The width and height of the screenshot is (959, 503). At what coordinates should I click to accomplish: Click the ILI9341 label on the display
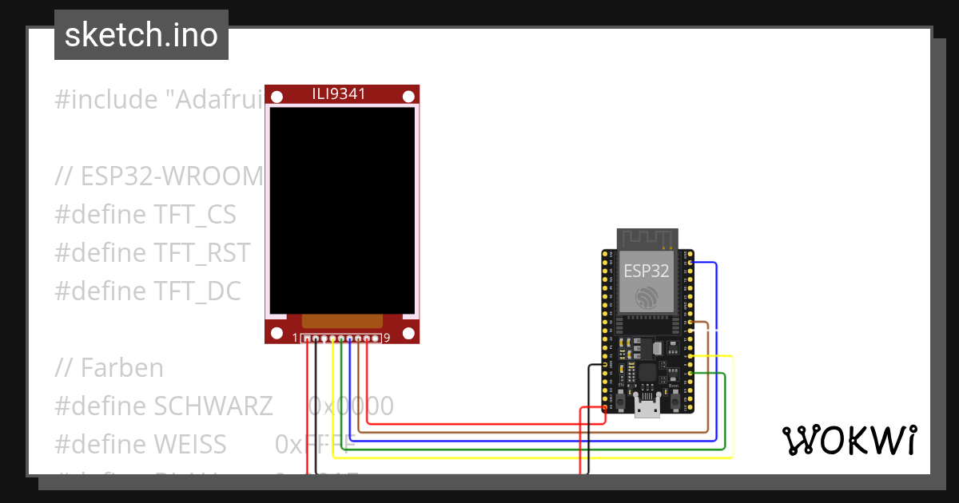click(339, 94)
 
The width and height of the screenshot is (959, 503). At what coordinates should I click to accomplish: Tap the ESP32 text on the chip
click(647, 271)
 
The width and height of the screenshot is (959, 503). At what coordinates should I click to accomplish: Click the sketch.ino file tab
click(141, 35)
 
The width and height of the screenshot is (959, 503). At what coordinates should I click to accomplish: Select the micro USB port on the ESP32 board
click(646, 407)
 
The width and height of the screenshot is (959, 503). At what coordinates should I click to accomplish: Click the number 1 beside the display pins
click(296, 338)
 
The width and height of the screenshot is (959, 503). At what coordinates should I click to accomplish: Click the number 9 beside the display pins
click(387, 338)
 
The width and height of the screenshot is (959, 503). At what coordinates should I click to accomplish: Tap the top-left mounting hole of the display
click(277, 97)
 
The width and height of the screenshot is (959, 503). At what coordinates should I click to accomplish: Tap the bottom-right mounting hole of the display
click(408, 333)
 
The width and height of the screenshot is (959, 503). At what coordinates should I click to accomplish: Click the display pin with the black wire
click(316, 339)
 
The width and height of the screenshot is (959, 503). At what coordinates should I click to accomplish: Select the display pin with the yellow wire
click(332, 339)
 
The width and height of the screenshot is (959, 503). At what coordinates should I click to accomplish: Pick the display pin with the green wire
click(341, 339)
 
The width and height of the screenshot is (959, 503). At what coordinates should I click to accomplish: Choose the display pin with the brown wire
click(358, 339)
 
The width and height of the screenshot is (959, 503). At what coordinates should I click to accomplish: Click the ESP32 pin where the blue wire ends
click(690, 262)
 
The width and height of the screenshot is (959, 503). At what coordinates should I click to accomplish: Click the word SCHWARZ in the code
click(213, 406)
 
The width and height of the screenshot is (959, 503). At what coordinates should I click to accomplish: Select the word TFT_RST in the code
click(201, 253)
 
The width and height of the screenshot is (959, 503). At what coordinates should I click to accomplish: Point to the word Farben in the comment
click(121, 368)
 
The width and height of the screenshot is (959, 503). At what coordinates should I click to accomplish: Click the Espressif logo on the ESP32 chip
click(647, 297)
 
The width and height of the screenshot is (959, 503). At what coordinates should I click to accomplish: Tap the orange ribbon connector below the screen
click(341, 320)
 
